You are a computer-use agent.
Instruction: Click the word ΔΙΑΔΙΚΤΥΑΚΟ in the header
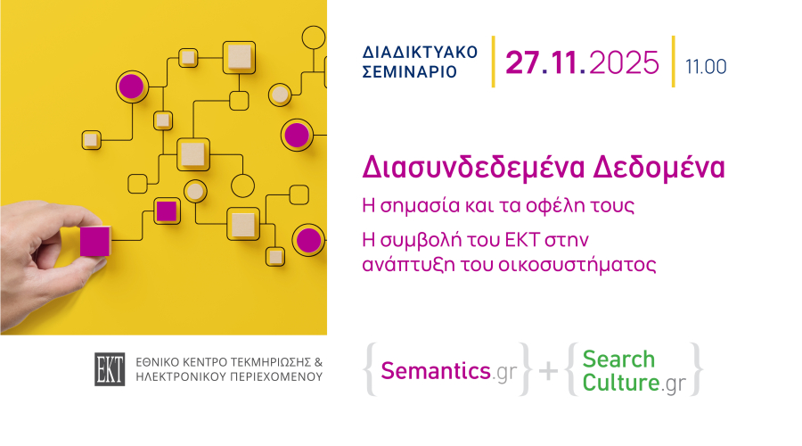click(420, 53)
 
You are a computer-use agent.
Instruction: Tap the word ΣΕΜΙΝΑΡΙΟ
click(410, 72)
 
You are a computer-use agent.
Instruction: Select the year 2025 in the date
click(624, 63)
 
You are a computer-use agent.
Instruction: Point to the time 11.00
click(706, 67)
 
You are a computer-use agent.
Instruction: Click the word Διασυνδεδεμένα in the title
click(473, 167)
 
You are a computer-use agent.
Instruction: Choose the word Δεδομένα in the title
click(659, 167)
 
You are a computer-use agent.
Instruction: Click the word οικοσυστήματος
click(577, 265)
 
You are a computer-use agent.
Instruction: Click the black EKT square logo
click(110, 369)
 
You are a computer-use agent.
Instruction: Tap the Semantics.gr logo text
click(448, 371)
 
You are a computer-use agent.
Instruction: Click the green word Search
click(618, 359)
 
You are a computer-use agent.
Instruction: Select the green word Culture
click(621, 382)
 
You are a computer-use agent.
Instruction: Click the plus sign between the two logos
click(548, 371)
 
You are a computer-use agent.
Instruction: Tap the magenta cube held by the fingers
click(95, 241)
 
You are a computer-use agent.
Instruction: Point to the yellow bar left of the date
click(493, 62)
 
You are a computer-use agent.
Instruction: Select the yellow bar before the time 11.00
click(673, 62)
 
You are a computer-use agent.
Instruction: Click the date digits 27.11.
click(545, 63)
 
